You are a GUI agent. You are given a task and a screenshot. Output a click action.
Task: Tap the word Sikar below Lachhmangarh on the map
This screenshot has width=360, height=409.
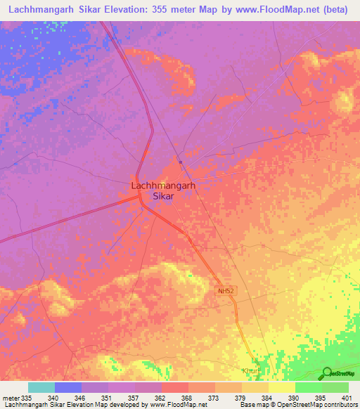[163, 197]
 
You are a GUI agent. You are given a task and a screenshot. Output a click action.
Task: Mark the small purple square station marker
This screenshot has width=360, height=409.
[181, 162]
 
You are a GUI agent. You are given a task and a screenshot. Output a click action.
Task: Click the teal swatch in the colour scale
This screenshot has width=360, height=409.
[41, 387]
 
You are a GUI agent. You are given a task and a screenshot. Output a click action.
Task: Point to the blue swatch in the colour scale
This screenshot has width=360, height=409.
[68, 387]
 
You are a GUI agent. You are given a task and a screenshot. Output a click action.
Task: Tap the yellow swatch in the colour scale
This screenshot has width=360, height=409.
[282, 387]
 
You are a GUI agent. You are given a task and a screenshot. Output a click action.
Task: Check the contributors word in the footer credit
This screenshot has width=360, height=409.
[341, 405]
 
